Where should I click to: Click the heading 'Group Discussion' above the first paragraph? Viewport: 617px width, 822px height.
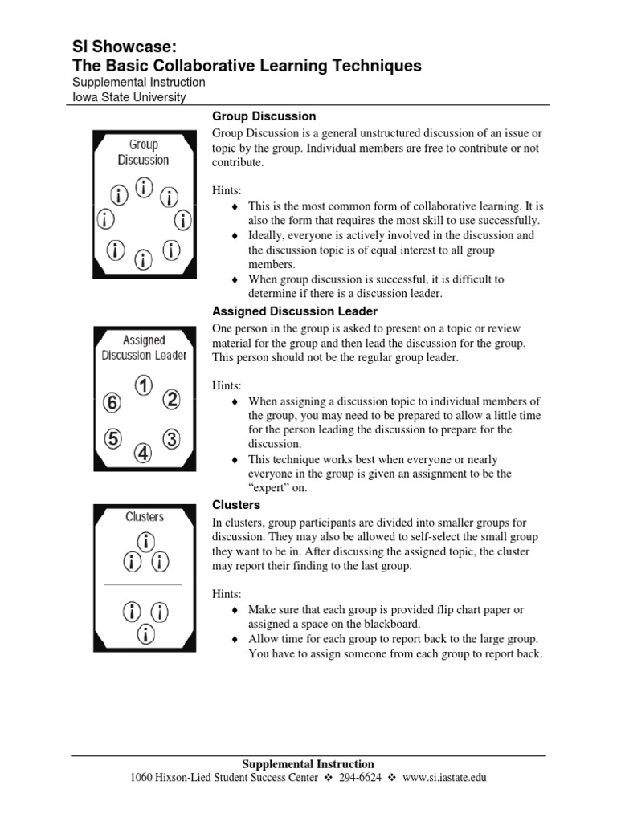point(264,116)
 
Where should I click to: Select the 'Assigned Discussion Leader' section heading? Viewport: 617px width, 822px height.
point(294,311)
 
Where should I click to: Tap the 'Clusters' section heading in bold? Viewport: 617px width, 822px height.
point(235,505)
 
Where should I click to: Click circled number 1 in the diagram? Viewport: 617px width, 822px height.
point(144,386)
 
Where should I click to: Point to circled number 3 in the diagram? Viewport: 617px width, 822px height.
point(172,439)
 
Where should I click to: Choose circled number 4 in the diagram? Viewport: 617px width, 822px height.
point(143,454)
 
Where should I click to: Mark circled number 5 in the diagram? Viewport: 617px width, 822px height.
point(113,439)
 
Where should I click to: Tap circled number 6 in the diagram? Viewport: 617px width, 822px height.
point(112,403)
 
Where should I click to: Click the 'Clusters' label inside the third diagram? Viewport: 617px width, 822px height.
point(144,517)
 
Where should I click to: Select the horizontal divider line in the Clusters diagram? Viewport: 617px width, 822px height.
point(144,585)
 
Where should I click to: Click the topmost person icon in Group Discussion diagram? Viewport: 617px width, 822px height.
point(144,189)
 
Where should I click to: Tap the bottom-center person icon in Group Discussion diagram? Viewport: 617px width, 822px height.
point(143,258)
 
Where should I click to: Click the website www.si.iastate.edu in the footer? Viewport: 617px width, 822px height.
point(444,778)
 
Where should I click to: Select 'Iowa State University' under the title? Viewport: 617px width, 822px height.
point(129,97)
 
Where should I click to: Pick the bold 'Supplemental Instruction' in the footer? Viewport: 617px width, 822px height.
point(308,764)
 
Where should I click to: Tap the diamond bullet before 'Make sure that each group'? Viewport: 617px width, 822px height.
point(235,610)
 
